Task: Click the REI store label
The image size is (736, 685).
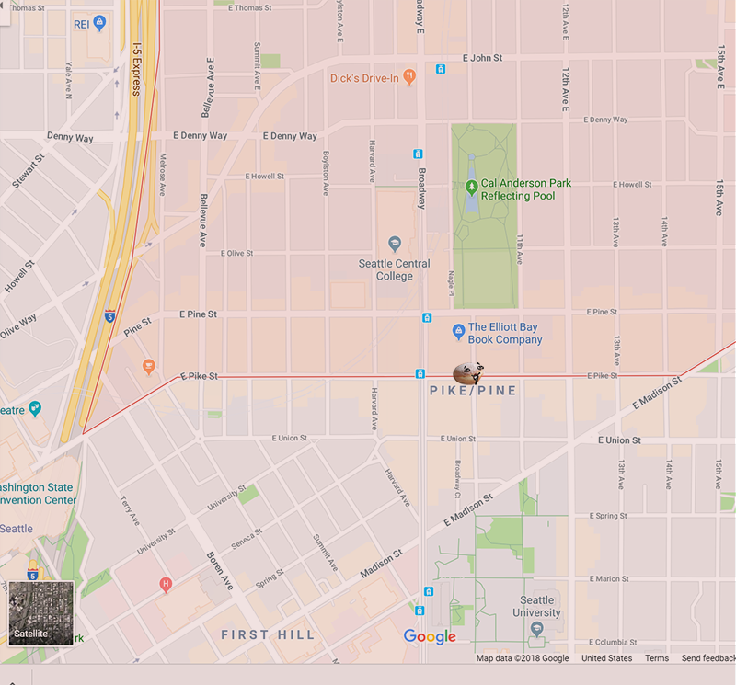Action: point(82,23)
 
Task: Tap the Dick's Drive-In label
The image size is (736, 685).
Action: point(365,78)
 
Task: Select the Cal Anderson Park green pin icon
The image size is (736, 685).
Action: point(471,188)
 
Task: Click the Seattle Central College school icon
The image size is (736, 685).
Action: point(395,244)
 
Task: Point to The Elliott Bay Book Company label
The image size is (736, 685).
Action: point(504,333)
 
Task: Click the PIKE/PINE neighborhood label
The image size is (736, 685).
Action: point(473,391)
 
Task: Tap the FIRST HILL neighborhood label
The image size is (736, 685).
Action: point(268,634)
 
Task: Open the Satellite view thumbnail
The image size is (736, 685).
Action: point(41,611)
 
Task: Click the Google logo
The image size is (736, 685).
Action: point(430,637)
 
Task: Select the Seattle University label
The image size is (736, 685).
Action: point(536,607)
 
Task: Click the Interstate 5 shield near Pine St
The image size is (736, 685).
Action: point(109,315)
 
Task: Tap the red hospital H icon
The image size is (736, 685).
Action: point(166,584)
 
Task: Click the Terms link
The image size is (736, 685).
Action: point(657,658)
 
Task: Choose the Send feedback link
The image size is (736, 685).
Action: point(707,658)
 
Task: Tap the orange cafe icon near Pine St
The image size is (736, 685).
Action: point(148,367)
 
